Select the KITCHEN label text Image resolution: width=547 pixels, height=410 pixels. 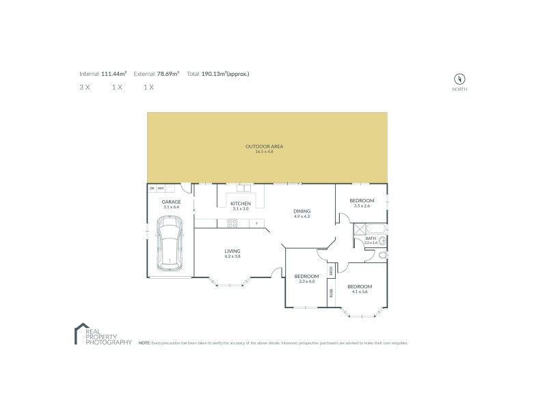[x=240, y=204]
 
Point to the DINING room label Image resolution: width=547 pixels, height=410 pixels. [x=302, y=211]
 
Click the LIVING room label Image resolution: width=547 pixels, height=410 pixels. [x=232, y=251]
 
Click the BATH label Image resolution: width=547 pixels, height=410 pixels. [x=370, y=238]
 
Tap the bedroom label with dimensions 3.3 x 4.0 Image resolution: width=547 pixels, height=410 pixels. [x=306, y=277]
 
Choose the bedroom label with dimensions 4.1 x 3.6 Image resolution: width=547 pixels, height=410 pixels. [x=359, y=286]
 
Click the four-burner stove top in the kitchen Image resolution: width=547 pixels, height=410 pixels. [x=232, y=222]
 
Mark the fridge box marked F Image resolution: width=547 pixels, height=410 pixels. [x=256, y=223]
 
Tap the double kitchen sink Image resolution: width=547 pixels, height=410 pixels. [x=242, y=188]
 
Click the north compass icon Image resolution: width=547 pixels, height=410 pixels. [x=459, y=78]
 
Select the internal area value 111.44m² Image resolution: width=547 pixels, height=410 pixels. [x=114, y=73]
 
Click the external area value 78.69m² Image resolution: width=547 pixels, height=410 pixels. [x=168, y=73]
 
